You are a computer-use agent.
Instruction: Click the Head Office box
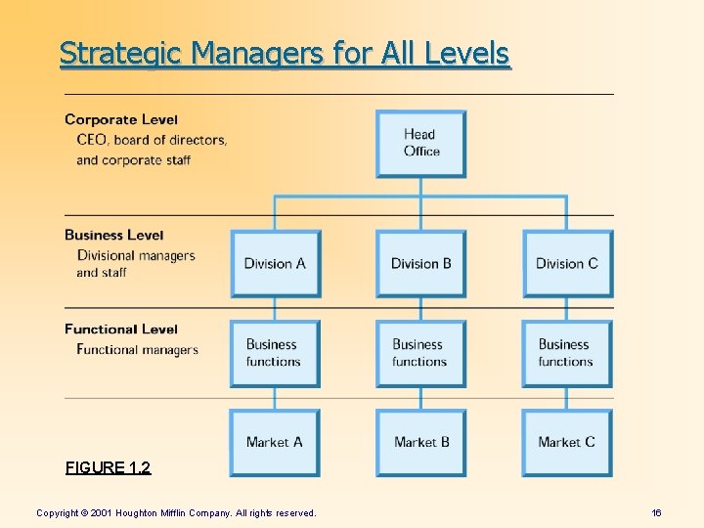420,143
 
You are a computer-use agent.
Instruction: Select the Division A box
275,263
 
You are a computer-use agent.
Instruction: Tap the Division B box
420,263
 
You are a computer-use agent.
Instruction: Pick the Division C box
567,263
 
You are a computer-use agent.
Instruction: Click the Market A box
275,442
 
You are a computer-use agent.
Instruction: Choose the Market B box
420,442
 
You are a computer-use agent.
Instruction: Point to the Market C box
567,442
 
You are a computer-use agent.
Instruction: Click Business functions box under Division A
275,353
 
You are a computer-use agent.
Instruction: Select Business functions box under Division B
420,353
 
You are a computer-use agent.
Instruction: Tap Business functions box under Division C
567,353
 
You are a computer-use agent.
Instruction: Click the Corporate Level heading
121,119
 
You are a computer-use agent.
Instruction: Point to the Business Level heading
114,235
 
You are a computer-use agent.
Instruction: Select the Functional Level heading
121,329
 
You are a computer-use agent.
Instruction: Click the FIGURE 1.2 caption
108,467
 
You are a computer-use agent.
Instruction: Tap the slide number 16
656,512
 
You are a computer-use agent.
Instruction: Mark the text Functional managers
137,350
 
